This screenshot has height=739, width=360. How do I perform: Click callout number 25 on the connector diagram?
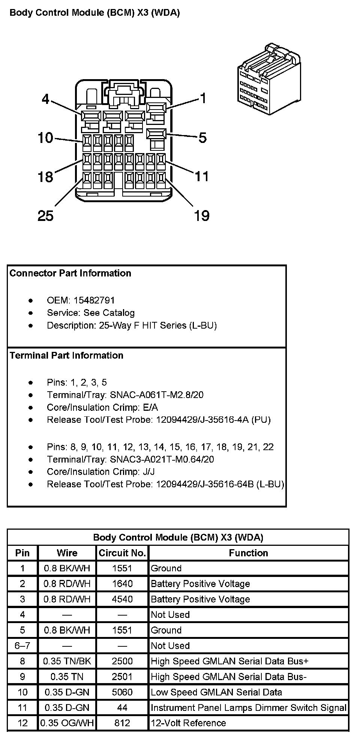tap(45, 216)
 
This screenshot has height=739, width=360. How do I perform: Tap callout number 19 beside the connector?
tap(201, 216)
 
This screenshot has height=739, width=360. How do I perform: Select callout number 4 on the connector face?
tap(45, 99)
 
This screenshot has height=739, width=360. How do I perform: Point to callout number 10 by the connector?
tap(45, 138)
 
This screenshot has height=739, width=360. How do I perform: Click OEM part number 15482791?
tap(94, 300)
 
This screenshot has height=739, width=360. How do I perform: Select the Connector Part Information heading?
tap(70, 273)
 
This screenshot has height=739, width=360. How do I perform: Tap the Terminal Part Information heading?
tap(66, 355)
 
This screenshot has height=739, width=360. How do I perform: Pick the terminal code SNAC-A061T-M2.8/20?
tap(156, 395)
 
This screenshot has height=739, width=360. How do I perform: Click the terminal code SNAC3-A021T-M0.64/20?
tap(162, 460)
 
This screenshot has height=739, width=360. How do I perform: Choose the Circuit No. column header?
tap(122, 553)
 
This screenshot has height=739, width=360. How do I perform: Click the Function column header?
tap(248, 553)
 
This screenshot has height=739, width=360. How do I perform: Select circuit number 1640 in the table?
tap(122, 584)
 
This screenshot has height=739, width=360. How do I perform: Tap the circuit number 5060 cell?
tap(122, 692)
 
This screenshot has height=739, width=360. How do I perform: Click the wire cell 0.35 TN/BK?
tap(67, 661)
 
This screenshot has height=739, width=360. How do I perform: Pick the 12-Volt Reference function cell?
tap(188, 723)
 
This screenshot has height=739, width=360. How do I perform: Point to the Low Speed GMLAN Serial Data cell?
tap(216, 692)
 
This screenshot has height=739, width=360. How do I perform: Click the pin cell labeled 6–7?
tap(22, 646)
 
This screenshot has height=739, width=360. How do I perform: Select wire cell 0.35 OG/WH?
tap(67, 723)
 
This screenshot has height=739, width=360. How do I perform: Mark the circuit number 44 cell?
tap(122, 707)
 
